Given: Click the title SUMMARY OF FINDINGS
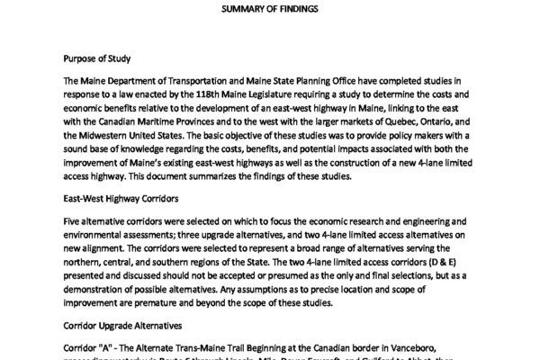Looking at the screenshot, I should coord(269,9).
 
